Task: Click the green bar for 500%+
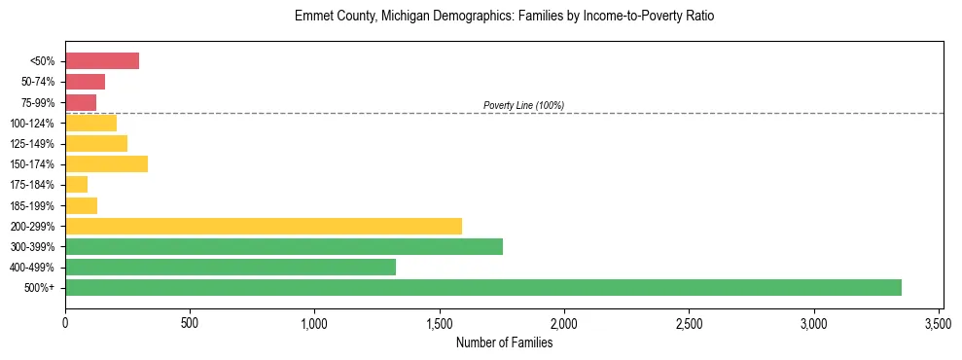(483, 287)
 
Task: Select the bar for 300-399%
(284, 246)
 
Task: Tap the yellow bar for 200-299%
(264, 226)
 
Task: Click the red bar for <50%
(102, 61)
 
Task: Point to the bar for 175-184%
(77, 184)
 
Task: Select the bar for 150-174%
(107, 163)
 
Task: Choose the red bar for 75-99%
(81, 102)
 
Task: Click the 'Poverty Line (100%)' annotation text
(523, 105)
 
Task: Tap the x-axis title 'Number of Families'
(504, 342)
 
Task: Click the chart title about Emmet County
(504, 17)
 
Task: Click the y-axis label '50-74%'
(39, 82)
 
